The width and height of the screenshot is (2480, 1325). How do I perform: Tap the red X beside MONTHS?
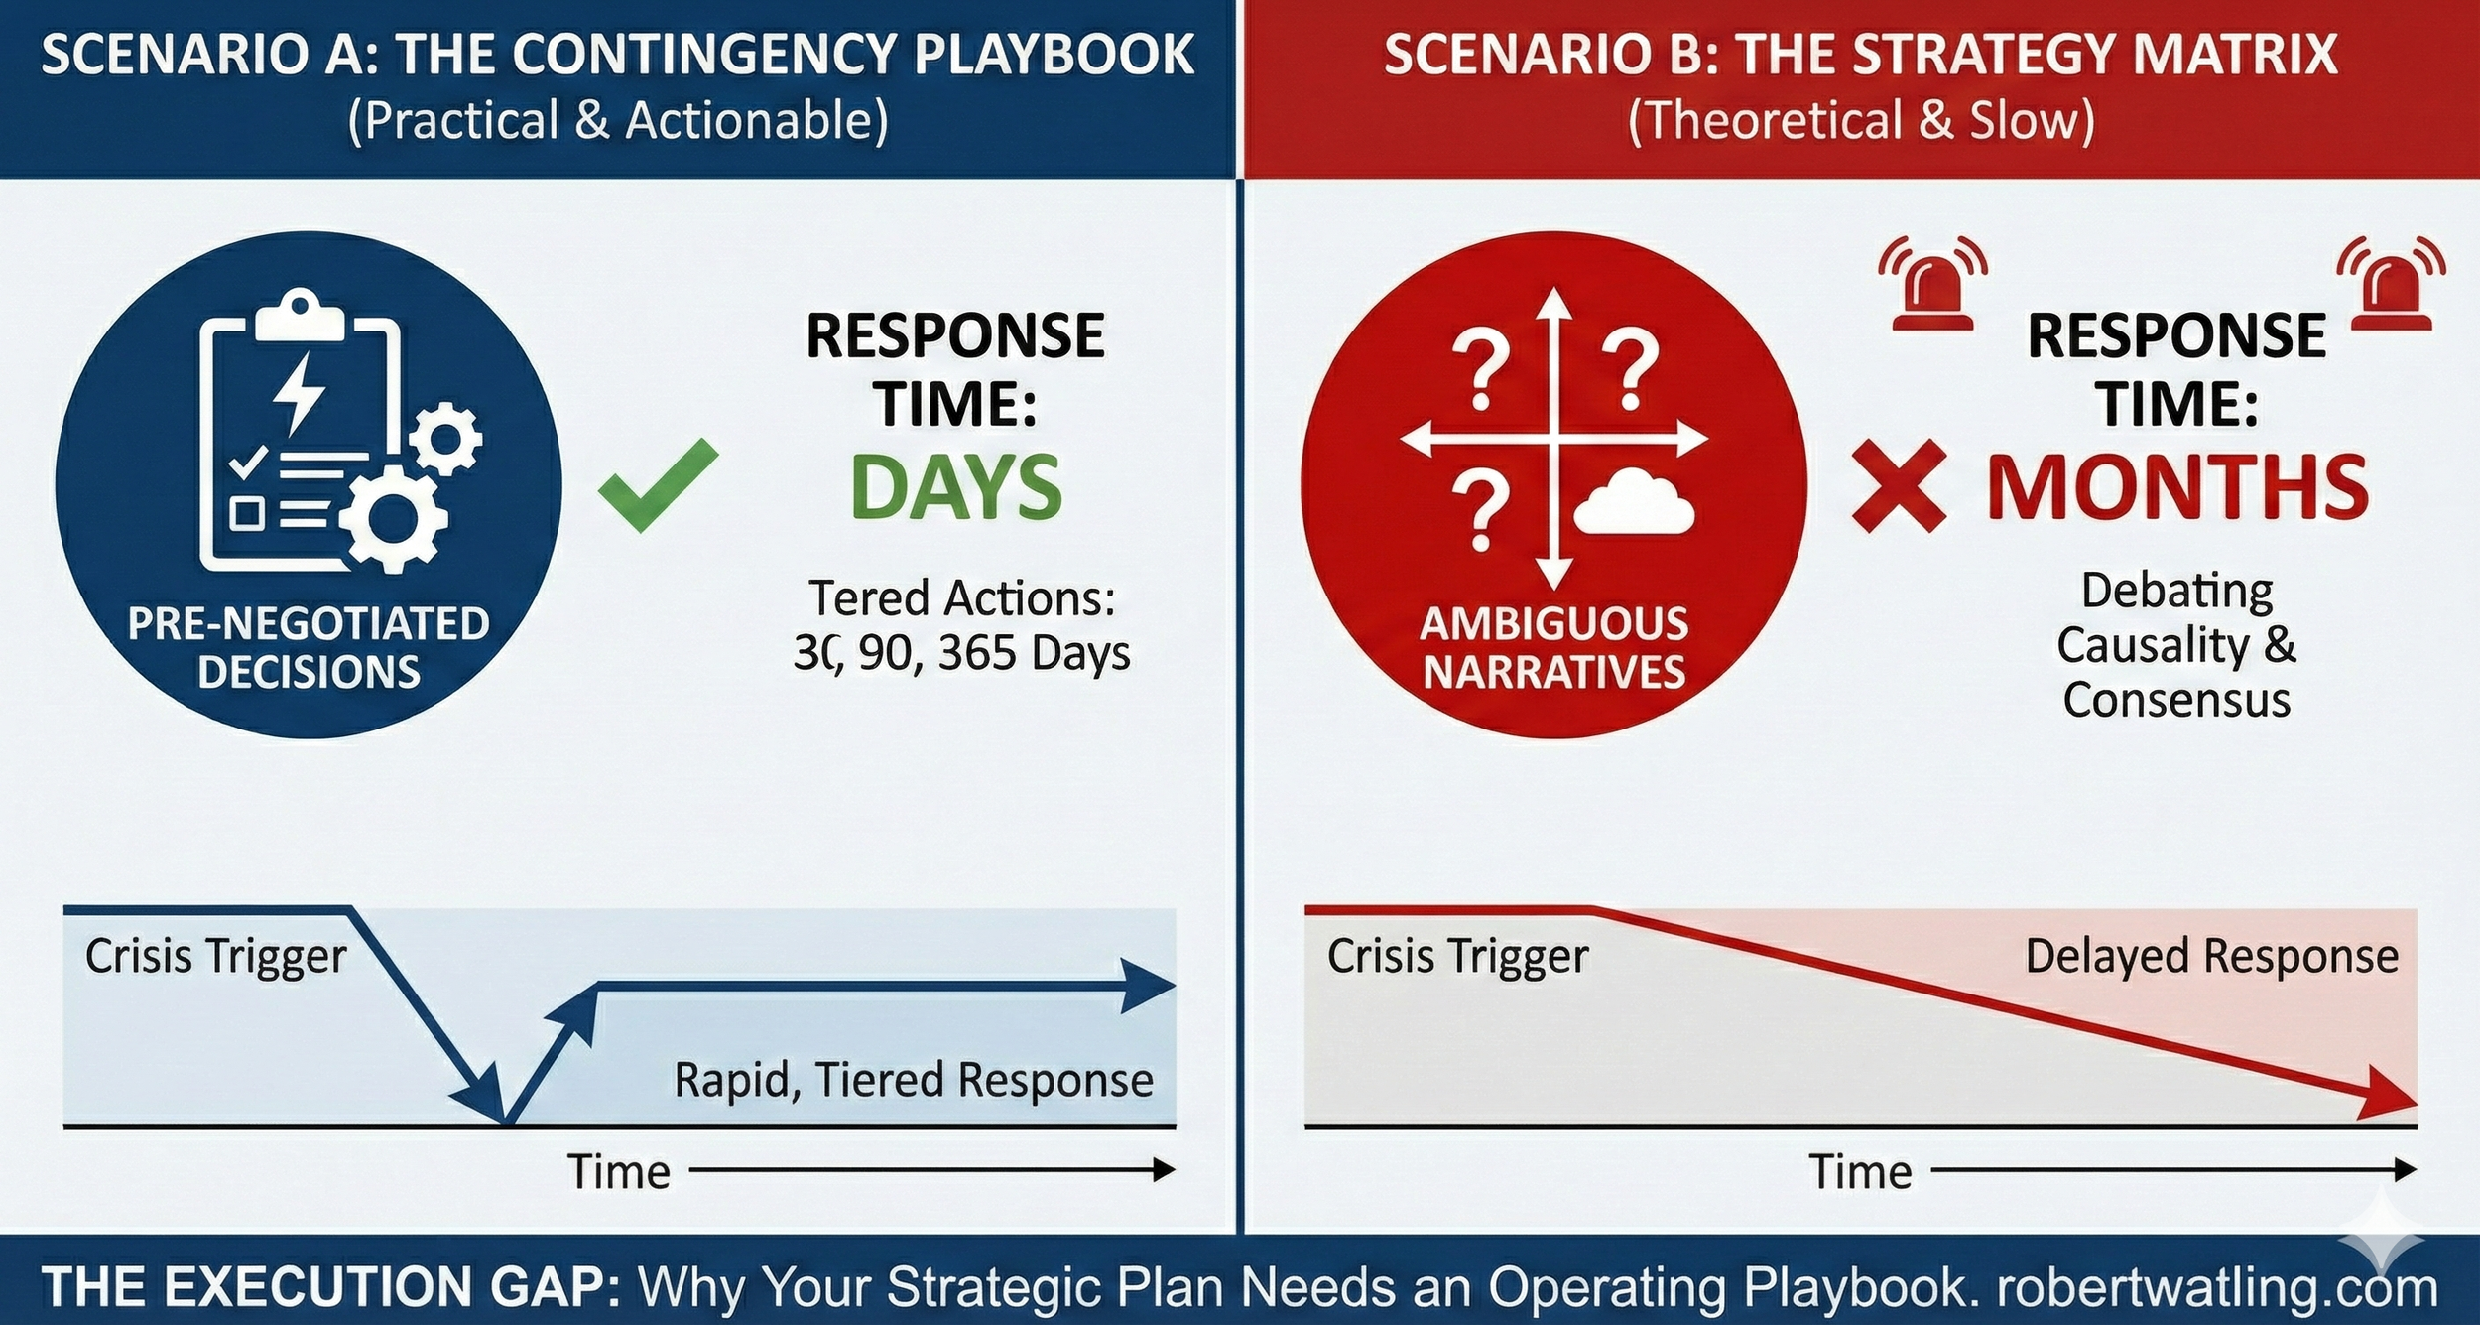click(1898, 486)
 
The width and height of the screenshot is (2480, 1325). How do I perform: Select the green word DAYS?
click(955, 487)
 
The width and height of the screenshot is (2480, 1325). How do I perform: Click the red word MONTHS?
click(2177, 487)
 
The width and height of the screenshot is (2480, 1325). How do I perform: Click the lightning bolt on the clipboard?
click(297, 393)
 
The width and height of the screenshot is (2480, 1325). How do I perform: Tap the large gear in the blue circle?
click(393, 517)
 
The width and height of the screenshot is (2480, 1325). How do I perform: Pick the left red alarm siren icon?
click(1932, 284)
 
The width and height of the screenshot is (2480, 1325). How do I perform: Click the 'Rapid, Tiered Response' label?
click(913, 1080)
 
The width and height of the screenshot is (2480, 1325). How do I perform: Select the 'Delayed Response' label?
click(2211, 957)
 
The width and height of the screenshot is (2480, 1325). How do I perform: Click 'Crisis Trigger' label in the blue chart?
click(215, 957)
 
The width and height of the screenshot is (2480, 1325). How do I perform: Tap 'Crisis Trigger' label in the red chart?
click(1457, 957)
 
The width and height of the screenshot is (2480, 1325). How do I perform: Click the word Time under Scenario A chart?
click(619, 1172)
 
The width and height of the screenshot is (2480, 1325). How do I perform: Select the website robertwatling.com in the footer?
click(2216, 1287)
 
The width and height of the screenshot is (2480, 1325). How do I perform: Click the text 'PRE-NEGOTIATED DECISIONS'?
click(309, 648)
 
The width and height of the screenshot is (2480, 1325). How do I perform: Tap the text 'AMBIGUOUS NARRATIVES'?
click(1553, 648)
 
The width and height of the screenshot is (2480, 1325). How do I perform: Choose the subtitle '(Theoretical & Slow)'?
click(1861, 121)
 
